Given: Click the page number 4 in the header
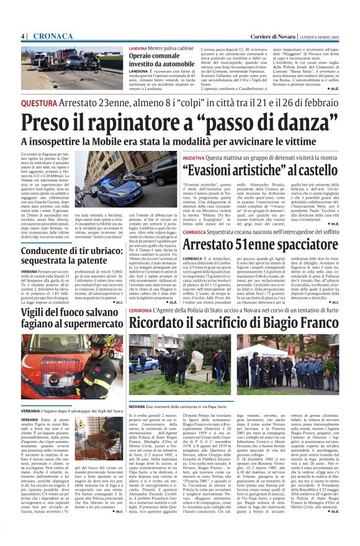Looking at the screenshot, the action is (23, 35).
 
